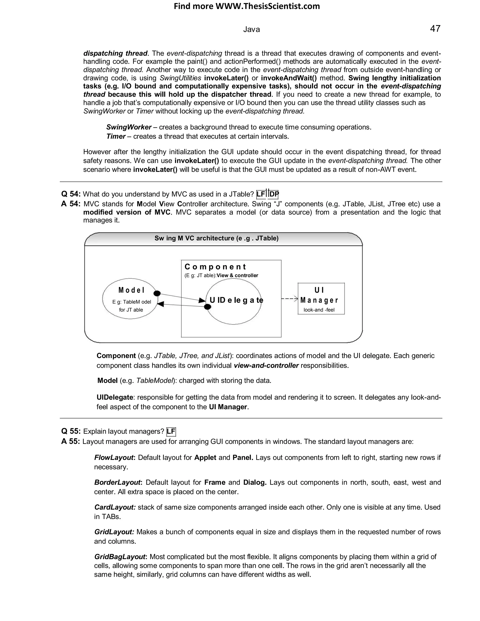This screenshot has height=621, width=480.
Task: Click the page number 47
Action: (435, 29)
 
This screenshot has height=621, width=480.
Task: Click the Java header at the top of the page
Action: (251, 30)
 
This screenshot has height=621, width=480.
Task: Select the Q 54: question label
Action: (71, 194)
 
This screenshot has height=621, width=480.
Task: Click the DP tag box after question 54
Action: (274, 195)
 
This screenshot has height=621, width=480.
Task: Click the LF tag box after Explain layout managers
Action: (171, 432)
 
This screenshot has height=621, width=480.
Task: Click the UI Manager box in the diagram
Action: (321, 299)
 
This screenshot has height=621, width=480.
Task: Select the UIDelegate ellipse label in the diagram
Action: (236, 300)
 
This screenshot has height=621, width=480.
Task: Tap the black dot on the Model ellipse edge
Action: (157, 293)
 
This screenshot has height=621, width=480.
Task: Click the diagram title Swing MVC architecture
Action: (216, 238)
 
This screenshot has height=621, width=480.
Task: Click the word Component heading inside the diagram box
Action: (215, 267)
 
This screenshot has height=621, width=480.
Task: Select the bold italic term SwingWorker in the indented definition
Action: (128, 127)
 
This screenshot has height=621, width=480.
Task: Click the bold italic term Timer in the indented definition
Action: (116, 136)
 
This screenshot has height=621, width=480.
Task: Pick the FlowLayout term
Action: (114, 457)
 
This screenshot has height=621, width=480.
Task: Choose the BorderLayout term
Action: (117, 483)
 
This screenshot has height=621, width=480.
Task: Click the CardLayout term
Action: (115, 507)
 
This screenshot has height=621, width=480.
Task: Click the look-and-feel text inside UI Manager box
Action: (319, 310)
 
